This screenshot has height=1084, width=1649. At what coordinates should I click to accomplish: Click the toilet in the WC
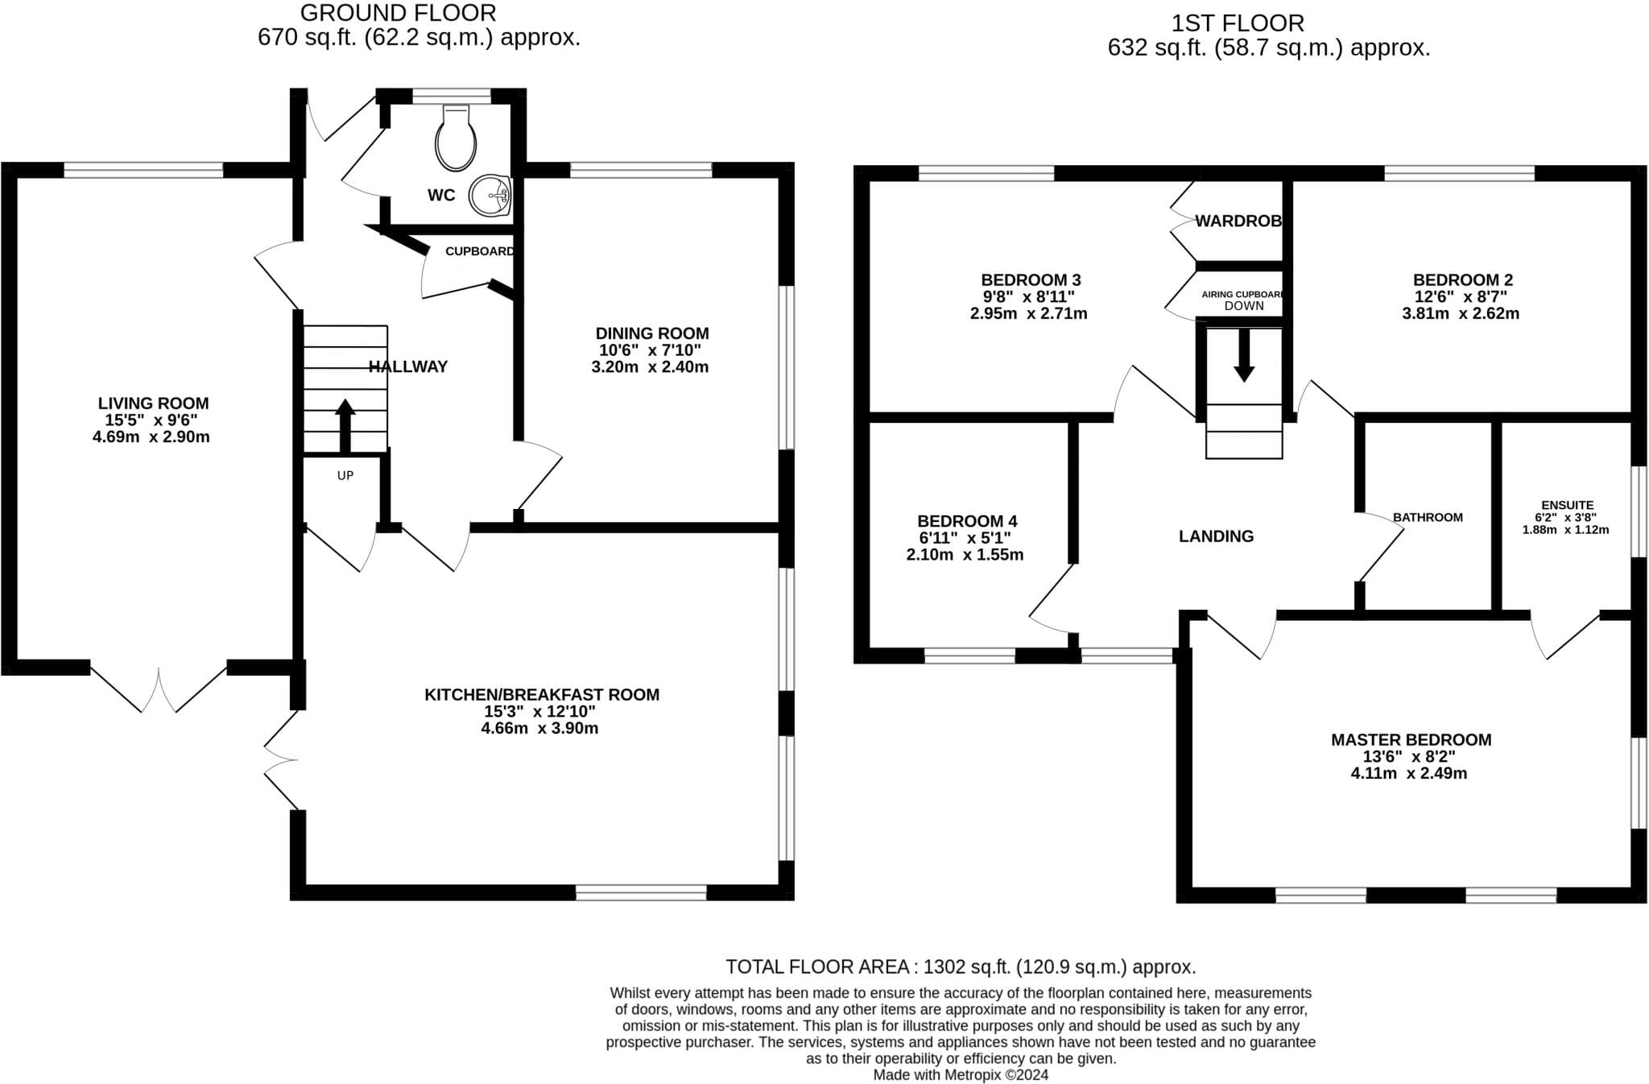pyautogui.click(x=456, y=138)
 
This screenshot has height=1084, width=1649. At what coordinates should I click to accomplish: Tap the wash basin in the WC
pyautogui.click(x=491, y=196)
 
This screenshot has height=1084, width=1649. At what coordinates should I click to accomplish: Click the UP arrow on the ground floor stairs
pyautogui.click(x=345, y=426)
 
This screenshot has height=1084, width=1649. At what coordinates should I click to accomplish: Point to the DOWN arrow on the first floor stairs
pyautogui.click(x=1244, y=355)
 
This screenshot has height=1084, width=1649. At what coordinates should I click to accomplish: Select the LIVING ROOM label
pyautogui.click(x=153, y=403)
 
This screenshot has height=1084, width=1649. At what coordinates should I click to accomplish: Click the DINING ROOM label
pyautogui.click(x=652, y=333)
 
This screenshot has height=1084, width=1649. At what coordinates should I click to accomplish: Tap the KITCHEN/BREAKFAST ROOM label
pyautogui.click(x=542, y=694)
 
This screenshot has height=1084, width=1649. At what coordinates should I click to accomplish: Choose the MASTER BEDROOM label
pyautogui.click(x=1411, y=739)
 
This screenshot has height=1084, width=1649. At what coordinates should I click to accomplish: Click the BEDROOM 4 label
pyautogui.click(x=967, y=521)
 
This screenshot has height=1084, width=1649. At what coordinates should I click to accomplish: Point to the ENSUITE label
pyautogui.click(x=1567, y=505)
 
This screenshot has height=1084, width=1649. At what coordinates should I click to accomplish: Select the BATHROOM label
pyautogui.click(x=1428, y=517)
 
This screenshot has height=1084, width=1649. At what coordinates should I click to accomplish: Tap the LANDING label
pyautogui.click(x=1216, y=536)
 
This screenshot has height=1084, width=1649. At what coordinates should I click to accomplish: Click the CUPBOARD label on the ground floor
pyautogui.click(x=480, y=251)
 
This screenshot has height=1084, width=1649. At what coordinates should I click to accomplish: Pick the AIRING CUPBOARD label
pyautogui.click(x=1242, y=295)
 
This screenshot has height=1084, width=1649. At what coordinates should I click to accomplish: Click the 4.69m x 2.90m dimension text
pyautogui.click(x=151, y=437)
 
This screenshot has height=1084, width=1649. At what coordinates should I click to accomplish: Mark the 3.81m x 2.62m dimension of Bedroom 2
pyautogui.click(x=1461, y=313)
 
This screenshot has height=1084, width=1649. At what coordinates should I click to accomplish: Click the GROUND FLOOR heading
pyautogui.click(x=399, y=13)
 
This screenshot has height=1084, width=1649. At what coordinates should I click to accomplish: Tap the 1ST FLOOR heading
pyautogui.click(x=1238, y=23)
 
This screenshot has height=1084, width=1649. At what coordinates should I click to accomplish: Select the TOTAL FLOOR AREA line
pyautogui.click(x=961, y=966)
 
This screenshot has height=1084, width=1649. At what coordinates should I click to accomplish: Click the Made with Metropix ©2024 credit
pyautogui.click(x=961, y=1074)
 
